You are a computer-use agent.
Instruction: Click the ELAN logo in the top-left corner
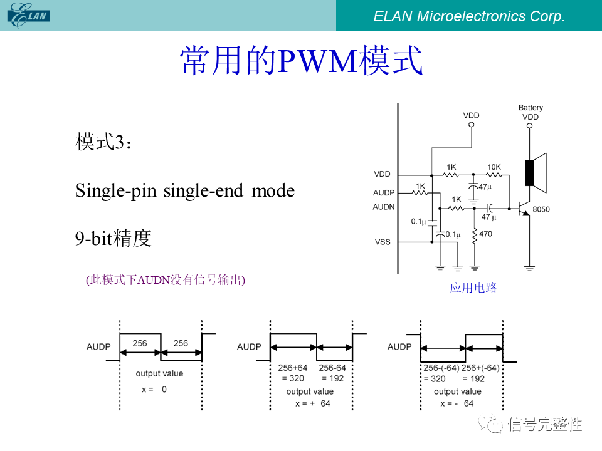[28, 15]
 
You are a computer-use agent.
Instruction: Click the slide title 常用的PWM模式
[302, 60]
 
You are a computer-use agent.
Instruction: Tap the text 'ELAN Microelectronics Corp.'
[469, 16]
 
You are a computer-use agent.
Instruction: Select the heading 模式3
[103, 142]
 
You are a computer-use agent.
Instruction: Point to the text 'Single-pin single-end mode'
[184, 190]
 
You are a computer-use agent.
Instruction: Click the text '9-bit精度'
[114, 238]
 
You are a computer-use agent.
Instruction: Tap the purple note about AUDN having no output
[166, 279]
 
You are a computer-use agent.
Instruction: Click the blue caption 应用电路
[473, 288]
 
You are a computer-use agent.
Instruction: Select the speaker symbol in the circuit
[536, 173]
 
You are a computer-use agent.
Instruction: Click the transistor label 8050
[541, 209]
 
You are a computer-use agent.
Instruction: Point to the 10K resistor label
[494, 167]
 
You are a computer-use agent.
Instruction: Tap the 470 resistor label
[485, 234]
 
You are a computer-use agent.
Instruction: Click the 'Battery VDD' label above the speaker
[531, 112]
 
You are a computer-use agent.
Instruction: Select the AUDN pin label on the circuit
[384, 207]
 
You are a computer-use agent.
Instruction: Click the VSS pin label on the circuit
[383, 242]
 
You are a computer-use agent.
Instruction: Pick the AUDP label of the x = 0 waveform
[98, 346]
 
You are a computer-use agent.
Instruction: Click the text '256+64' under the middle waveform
[293, 368]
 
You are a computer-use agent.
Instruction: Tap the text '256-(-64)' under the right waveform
[441, 368]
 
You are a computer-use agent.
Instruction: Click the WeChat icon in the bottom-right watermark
[490, 424]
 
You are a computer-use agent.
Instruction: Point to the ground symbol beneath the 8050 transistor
[529, 268]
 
